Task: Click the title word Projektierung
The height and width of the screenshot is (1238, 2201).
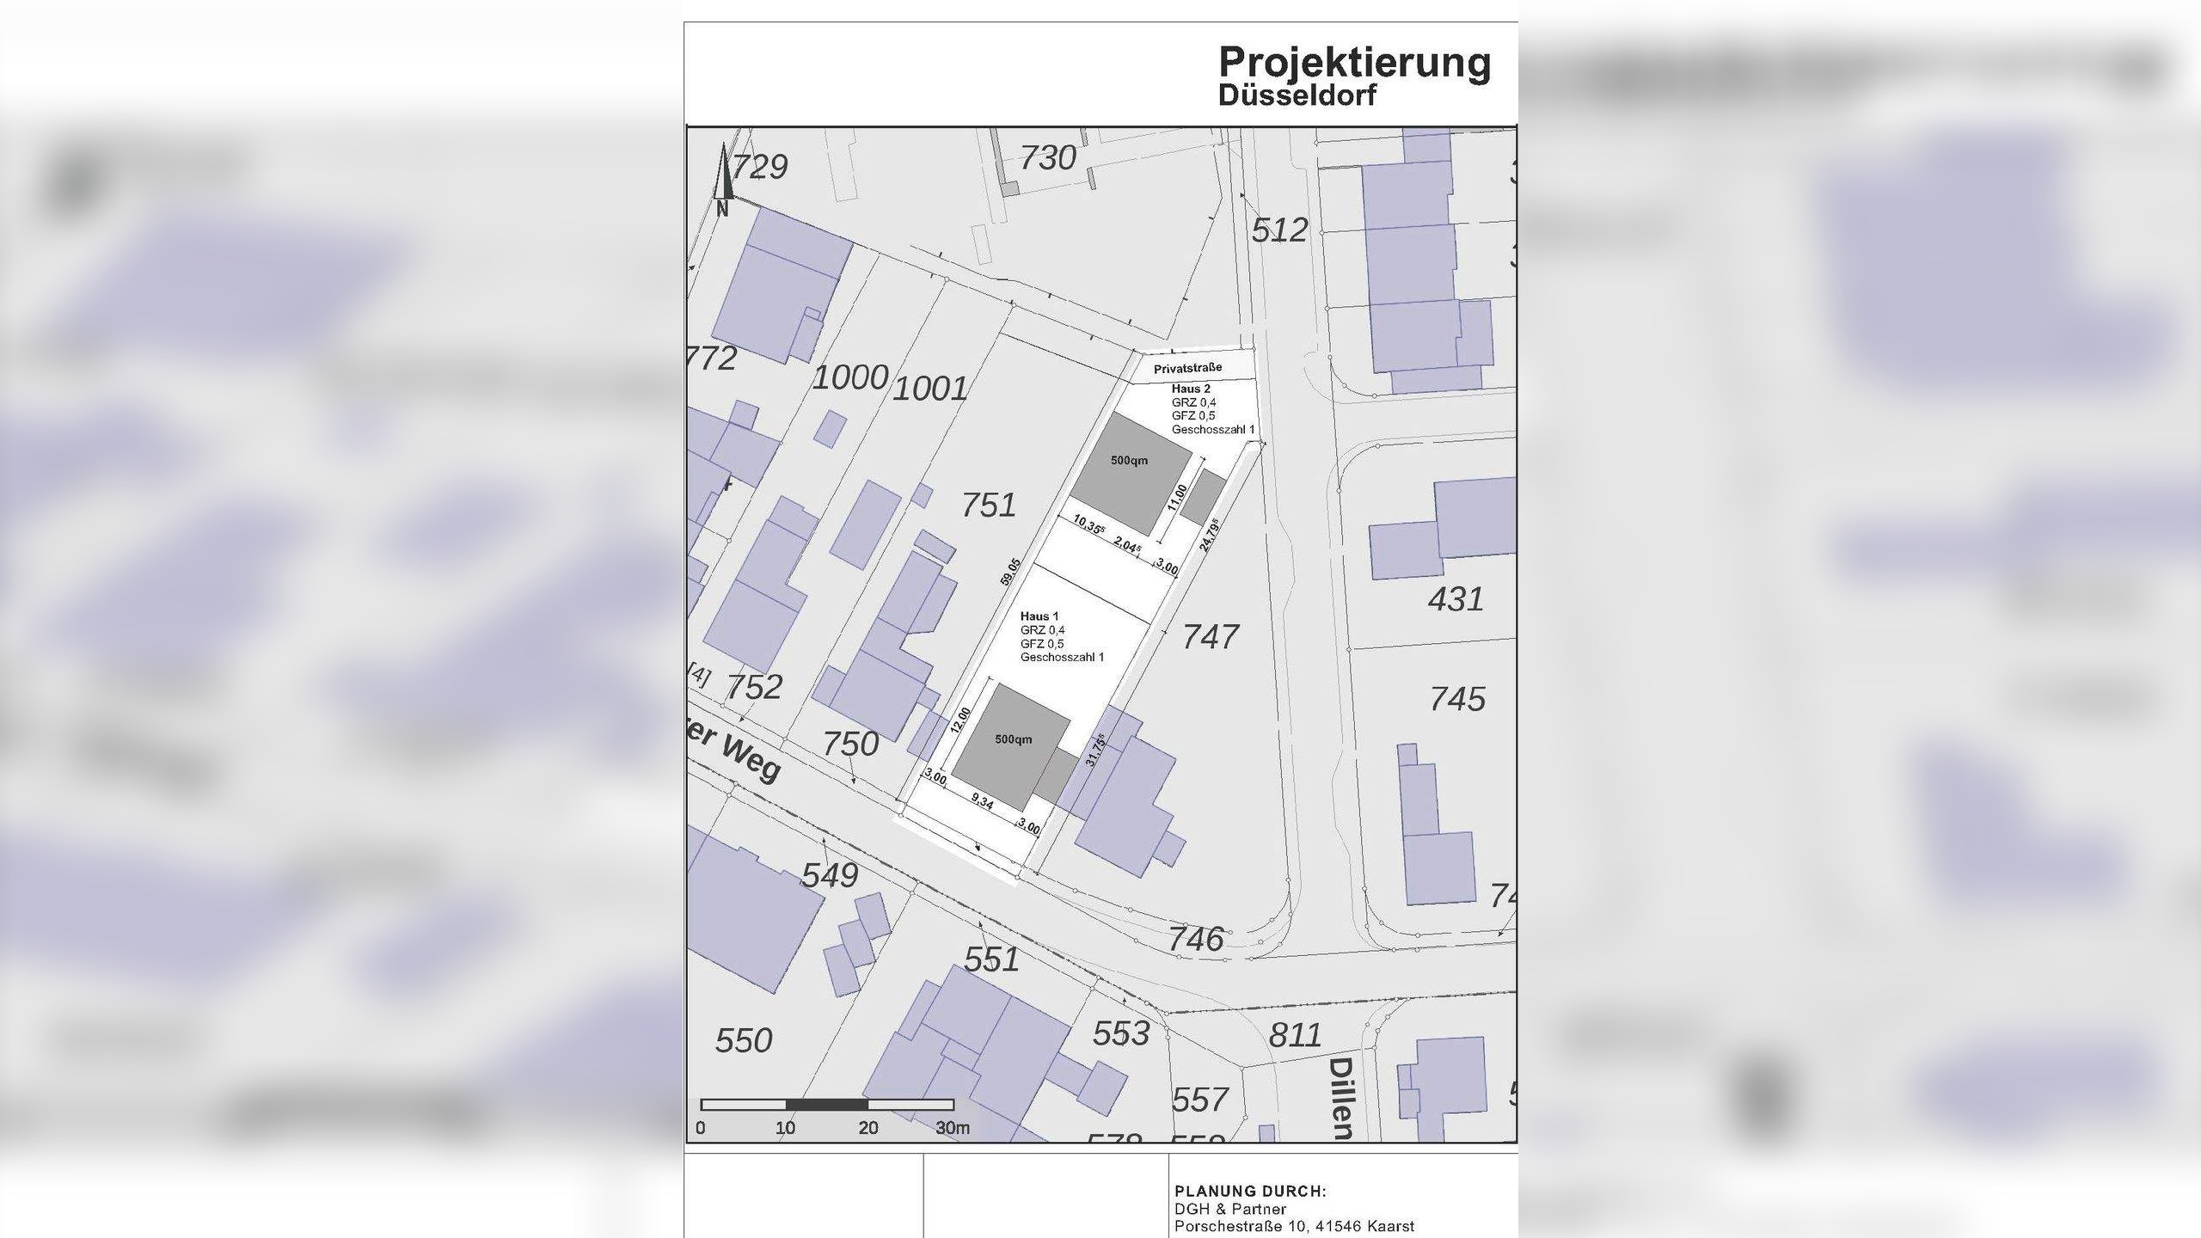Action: (x=1354, y=63)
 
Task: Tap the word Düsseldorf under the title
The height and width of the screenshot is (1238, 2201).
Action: (x=1297, y=95)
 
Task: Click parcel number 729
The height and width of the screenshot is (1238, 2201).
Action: (x=760, y=167)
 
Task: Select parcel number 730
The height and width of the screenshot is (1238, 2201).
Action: (x=1048, y=158)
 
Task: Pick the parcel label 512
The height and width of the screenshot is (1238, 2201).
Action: (x=1279, y=230)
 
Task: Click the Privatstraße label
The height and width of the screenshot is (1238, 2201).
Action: (x=1187, y=369)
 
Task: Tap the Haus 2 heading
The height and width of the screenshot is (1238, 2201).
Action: (x=1191, y=389)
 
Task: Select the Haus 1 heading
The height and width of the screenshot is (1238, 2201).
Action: (x=1039, y=616)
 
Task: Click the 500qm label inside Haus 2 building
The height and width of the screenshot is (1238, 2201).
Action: (x=1129, y=461)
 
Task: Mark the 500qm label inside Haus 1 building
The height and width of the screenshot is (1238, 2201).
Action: (x=1014, y=739)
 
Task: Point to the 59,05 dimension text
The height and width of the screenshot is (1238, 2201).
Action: (x=1010, y=573)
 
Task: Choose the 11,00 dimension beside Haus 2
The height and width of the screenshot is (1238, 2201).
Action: (x=1178, y=498)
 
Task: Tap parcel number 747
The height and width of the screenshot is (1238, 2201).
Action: (x=1211, y=637)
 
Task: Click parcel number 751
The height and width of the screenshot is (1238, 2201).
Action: (x=989, y=506)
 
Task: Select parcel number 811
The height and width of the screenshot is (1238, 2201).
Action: (x=1295, y=1035)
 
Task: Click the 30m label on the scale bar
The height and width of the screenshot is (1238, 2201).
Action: (x=953, y=1128)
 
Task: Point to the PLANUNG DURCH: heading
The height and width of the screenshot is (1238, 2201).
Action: (x=1250, y=1192)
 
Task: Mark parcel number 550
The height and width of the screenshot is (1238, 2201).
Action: (x=744, y=1041)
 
